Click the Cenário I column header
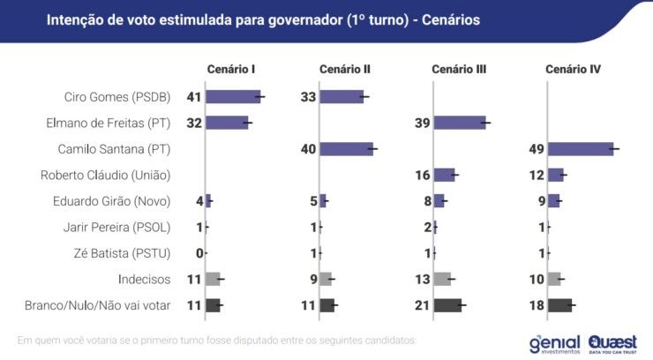231,69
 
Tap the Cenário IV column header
573,69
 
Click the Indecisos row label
144,279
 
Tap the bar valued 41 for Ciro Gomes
233,97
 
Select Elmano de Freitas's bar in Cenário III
459,123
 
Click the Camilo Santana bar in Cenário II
346,149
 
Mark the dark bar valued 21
447,305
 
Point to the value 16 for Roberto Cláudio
422,175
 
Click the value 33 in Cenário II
308,97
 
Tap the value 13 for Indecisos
422,279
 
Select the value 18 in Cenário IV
536,305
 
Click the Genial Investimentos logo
554,342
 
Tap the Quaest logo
612,342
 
